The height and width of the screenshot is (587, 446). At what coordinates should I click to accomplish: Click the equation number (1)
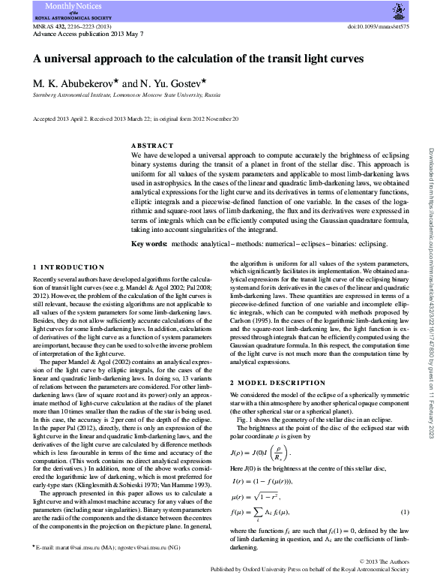pyautogui.click(x=405, y=512)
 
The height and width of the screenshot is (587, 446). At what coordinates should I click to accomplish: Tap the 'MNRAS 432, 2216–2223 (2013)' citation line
pyautogui.click(x=71, y=26)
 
